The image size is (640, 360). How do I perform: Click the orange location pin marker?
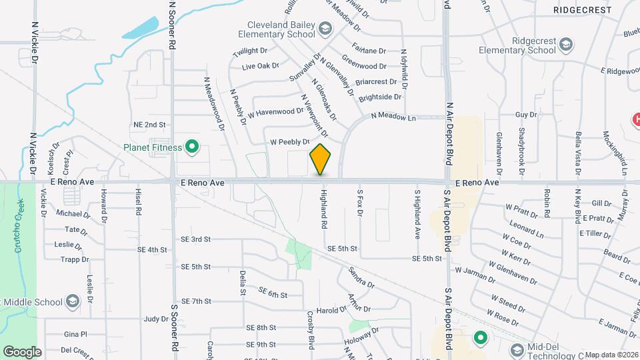(321, 159)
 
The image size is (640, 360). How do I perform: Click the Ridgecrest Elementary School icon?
(565, 45)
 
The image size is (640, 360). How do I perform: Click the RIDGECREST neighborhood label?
(582, 10)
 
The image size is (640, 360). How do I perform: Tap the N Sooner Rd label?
(172, 23)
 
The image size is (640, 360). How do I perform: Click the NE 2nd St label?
(149, 125)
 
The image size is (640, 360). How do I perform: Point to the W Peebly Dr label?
(290, 142)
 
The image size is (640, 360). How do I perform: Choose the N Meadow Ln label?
(393, 116)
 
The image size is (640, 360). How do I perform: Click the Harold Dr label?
(332, 309)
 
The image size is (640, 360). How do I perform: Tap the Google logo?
(22, 351)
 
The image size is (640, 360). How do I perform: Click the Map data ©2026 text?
(611, 355)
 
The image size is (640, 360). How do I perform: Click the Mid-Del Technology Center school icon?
(516, 350)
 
